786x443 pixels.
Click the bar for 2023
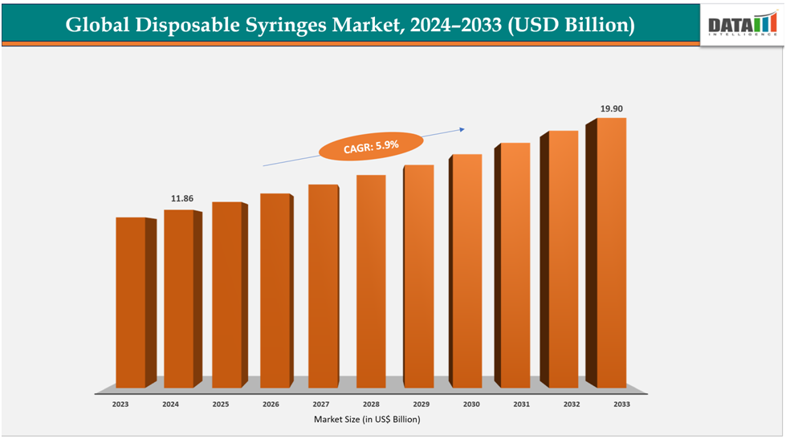[x=131, y=303]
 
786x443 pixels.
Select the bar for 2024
[x=179, y=299]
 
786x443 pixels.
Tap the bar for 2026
[x=275, y=291]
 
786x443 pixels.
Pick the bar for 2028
[x=371, y=281]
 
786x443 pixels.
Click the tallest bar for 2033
[x=611, y=253]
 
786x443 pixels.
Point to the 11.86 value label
[x=181, y=198]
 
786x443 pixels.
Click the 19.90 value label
[x=612, y=107]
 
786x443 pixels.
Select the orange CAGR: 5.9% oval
[x=370, y=146]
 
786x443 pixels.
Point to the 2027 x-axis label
[x=320, y=405]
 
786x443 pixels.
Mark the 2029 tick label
[x=421, y=405]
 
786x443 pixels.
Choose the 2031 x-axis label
[x=520, y=405]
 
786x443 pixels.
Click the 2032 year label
[x=570, y=405]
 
